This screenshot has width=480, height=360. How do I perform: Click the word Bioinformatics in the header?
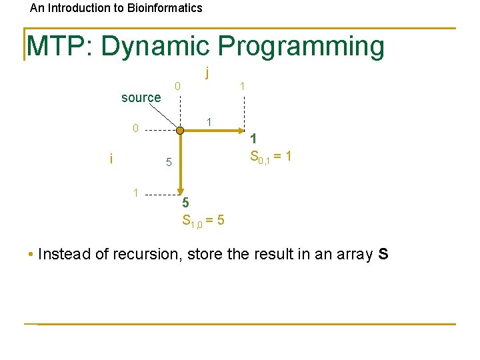click(162, 8)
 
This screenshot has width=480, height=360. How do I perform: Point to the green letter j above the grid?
click(208, 71)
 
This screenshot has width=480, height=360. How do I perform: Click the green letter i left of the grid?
click(111, 158)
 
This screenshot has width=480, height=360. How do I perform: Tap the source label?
click(141, 97)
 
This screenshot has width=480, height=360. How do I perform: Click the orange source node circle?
click(180, 130)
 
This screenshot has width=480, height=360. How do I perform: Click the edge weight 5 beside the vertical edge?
click(169, 162)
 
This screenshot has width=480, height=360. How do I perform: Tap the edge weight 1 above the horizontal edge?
click(209, 121)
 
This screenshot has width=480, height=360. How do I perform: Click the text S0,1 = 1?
click(270, 157)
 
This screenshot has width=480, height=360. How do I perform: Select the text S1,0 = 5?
click(203, 220)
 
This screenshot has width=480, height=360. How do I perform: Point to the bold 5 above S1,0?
click(186, 202)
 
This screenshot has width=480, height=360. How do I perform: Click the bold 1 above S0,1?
click(253, 139)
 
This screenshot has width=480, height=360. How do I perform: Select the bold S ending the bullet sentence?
click(382, 254)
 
